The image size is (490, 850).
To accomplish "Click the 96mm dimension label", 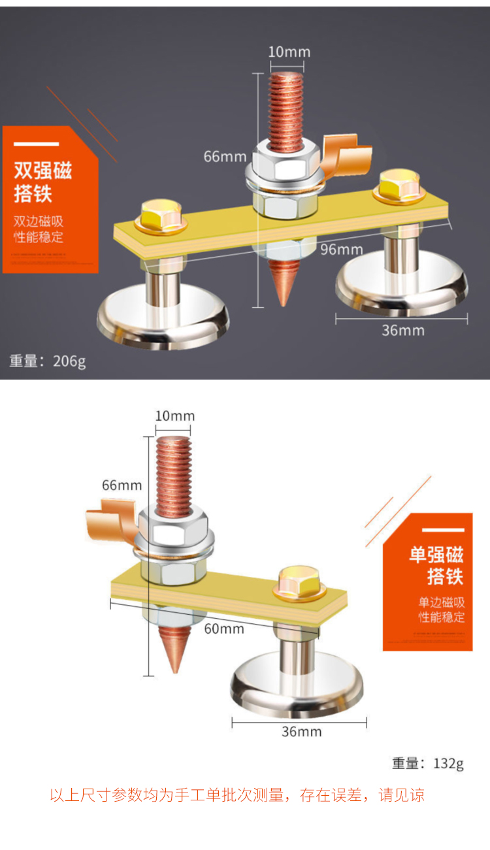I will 341,250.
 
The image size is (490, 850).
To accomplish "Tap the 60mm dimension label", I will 223,629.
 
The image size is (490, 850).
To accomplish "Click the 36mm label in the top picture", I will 402,331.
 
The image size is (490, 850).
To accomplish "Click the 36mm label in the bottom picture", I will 301,732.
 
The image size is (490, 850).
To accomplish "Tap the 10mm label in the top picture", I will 289,52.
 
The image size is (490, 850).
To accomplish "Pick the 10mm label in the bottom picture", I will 174,416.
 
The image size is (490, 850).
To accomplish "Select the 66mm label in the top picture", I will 225,157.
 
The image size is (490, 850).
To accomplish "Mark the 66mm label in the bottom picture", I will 122,485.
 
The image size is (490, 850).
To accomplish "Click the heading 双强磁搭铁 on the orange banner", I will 43,182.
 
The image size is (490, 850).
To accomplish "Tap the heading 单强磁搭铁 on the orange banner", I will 436,566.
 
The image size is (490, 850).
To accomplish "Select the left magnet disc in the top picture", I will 163,320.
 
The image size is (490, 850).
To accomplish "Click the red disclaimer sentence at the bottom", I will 237,795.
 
